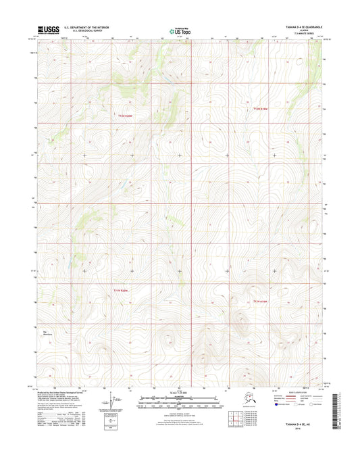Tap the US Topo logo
[180, 30]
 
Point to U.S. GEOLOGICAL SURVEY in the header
[78, 31]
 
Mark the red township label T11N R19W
[261, 301]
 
